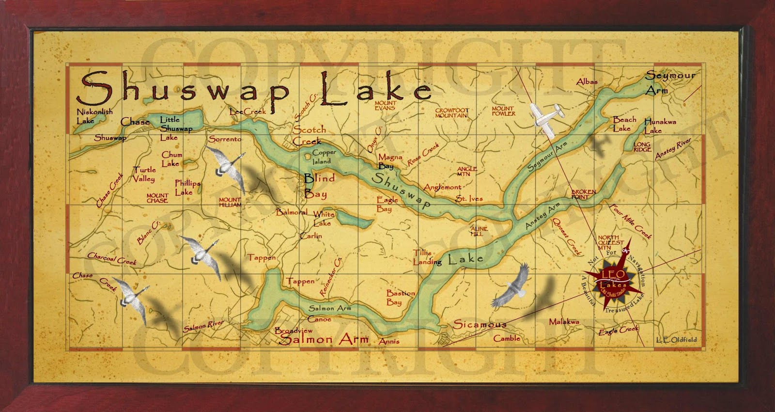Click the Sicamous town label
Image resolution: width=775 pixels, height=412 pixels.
pyautogui.click(x=480, y=324)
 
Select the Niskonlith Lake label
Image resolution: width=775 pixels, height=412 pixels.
pyautogui.click(x=94, y=115)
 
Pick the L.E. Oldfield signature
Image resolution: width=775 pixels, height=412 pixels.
pyautogui.click(x=677, y=339)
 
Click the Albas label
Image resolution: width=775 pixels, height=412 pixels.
pyautogui.click(x=587, y=82)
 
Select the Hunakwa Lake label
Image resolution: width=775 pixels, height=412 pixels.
pyautogui.click(x=660, y=126)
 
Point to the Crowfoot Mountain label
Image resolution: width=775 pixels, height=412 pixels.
pyautogui.click(x=451, y=112)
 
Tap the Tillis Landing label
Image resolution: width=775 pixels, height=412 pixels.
pyautogui.click(x=426, y=257)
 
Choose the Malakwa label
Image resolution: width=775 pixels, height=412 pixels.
pyautogui.click(x=564, y=321)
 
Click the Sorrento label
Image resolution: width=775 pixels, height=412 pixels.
pyautogui.click(x=225, y=139)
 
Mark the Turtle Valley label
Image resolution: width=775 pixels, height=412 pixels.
pyautogui.click(x=144, y=174)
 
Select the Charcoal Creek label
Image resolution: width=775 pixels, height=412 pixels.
pyautogui.click(x=112, y=258)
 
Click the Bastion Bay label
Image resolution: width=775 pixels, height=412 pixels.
pyautogui.click(x=400, y=297)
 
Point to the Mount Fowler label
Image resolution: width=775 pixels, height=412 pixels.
pyautogui.click(x=503, y=111)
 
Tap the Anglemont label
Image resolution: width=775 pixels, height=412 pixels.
pyautogui.click(x=442, y=187)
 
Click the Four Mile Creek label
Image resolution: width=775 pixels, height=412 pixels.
pyautogui.click(x=631, y=222)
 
